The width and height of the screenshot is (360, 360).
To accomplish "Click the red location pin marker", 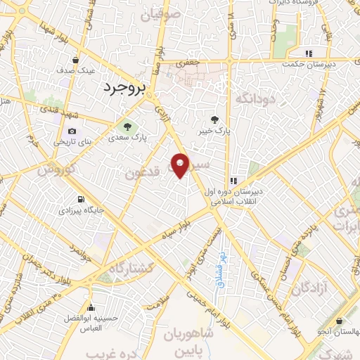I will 181,165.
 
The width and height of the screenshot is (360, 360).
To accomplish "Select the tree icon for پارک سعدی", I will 128,127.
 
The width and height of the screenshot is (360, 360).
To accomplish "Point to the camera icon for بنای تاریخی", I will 72,131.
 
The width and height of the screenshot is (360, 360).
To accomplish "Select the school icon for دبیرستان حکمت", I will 307,54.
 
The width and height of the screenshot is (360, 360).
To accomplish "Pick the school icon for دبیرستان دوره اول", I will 233,181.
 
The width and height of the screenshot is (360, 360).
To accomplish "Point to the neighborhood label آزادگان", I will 311,288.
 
